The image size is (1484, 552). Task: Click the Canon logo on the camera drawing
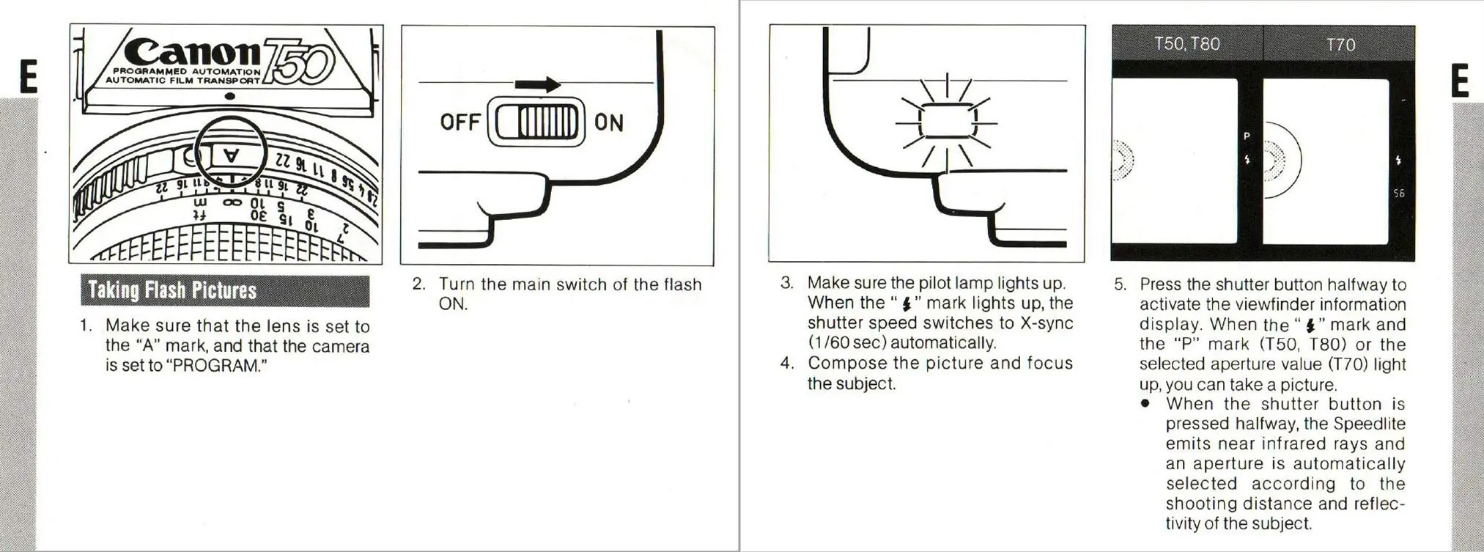tap(192, 53)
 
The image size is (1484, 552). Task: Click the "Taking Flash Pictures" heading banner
tap(225, 291)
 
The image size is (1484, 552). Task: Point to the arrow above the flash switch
tap(538, 85)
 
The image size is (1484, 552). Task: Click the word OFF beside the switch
tap(460, 122)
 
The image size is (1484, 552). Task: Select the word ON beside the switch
tap(609, 122)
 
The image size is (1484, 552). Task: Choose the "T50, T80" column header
tap(1187, 44)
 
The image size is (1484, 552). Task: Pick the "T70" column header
tap(1340, 45)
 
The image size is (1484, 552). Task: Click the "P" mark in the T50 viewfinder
tap(1247, 136)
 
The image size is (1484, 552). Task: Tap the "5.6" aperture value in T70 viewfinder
tap(1399, 194)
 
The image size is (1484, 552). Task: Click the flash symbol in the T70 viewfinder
tap(1398, 161)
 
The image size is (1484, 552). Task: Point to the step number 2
tap(418, 284)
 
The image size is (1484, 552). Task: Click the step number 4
tap(787, 363)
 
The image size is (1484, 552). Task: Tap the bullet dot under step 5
tap(1145, 403)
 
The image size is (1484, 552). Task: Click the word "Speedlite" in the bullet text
tap(1369, 424)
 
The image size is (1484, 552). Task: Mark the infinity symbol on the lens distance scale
tap(232, 202)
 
